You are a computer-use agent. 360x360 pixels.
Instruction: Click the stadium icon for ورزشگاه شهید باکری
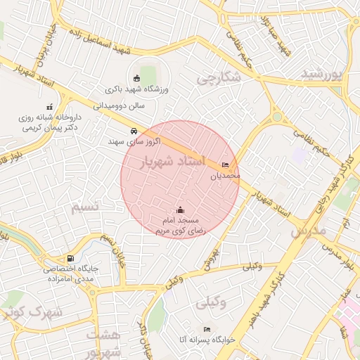click(x=137, y=78)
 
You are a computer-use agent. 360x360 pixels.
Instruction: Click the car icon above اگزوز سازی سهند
click(x=133, y=131)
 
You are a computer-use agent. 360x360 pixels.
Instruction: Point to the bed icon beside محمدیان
click(x=225, y=165)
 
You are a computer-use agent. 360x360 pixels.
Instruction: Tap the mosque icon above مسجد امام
click(x=180, y=210)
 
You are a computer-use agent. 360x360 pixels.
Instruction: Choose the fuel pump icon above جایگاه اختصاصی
click(x=69, y=259)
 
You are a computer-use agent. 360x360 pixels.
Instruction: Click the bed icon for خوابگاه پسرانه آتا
click(x=207, y=328)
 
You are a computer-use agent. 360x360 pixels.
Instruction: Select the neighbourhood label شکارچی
click(x=218, y=78)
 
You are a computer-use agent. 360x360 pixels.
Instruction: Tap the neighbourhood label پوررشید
click(x=325, y=74)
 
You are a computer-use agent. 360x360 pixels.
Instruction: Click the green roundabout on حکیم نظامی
click(x=277, y=117)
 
